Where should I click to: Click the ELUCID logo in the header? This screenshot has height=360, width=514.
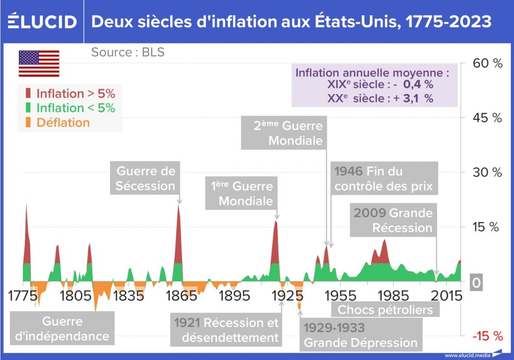coord(42,22)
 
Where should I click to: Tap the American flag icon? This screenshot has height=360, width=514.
coord(39,64)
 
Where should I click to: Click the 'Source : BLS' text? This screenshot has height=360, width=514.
coord(128,52)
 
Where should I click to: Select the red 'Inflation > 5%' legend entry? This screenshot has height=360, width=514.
coord(71,94)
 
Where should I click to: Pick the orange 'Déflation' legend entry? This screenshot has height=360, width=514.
coord(58,122)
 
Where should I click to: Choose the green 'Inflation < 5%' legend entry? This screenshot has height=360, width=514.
coord(71,108)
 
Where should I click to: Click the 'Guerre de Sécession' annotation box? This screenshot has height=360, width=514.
coord(145,178)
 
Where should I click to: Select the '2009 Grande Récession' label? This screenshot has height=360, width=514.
coord(393,220)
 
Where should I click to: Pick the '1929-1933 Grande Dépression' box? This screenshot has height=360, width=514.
coord(360,335)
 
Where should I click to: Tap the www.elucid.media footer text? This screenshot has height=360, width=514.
coord(468,355)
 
